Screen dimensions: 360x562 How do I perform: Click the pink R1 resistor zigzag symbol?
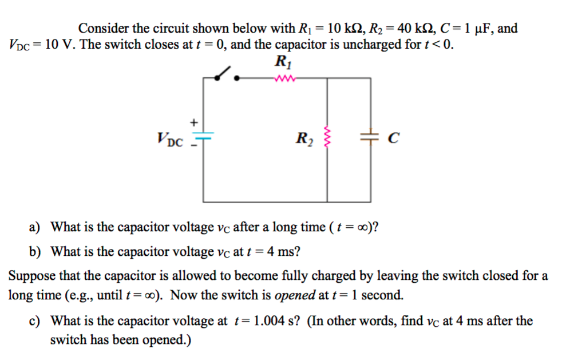coord(284,78)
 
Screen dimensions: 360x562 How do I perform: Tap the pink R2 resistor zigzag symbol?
coord(327,137)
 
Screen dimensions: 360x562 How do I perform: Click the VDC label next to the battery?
coord(170,138)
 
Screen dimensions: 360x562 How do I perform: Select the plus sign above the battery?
coord(194,122)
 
